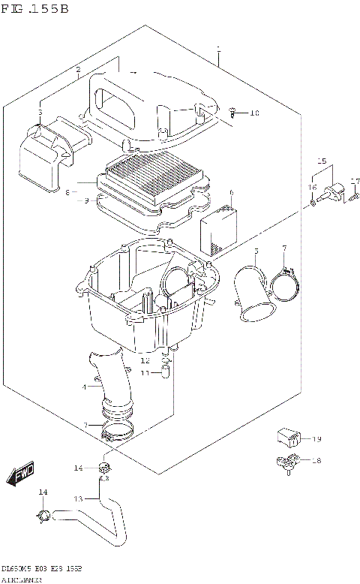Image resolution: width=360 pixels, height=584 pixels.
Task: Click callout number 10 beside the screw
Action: [x=254, y=113]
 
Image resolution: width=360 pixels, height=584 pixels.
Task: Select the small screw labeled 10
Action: [x=235, y=113]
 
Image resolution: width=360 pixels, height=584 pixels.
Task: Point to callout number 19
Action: [x=316, y=438]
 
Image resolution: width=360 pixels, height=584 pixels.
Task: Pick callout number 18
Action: [x=316, y=460]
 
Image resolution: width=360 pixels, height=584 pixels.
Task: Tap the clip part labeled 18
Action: [x=286, y=463]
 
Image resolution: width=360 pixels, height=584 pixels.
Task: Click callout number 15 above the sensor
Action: [x=321, y=161]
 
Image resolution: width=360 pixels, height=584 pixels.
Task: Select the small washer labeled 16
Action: [x=312, y=202]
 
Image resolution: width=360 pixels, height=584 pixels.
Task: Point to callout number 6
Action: [x=232, y=193]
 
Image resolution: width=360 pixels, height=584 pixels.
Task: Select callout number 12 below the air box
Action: [x=145, y=360]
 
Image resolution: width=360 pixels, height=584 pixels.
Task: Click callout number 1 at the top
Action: [x=217, y=50]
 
